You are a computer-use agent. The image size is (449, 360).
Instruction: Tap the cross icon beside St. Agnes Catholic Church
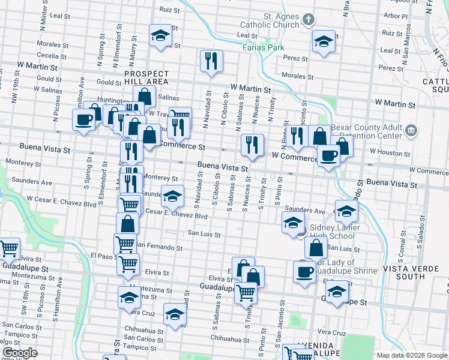click(309, 20)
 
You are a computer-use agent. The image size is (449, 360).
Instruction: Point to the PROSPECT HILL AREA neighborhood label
click(146, 77)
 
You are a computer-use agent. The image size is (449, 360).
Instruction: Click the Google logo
click(19, 353)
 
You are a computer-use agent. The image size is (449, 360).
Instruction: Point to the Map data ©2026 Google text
click(411, 355)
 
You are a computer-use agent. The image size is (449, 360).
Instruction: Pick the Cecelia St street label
click(51, 55)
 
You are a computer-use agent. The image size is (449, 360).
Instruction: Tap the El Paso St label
click(102, 256)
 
